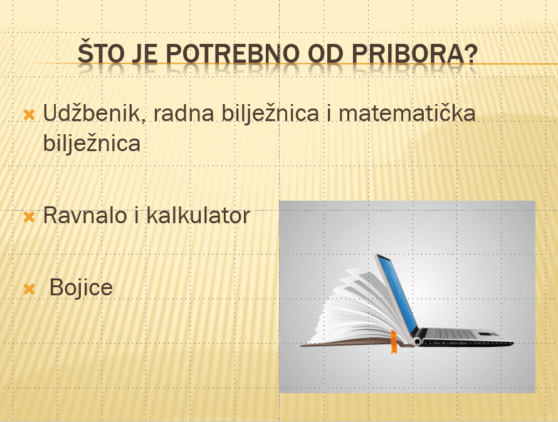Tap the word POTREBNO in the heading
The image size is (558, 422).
(x=233, y=53)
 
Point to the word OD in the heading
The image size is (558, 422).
(x=325, y=53)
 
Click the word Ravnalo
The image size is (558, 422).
(x=85, y=216)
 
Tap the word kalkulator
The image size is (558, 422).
(x=198, y=216)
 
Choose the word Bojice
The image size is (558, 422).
(x=81, y=288)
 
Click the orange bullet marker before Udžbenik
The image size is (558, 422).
(x=29, y=115)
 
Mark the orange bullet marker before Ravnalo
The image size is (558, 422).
(x=29, y=217)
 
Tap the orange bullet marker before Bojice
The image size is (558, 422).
(x=29, y=289)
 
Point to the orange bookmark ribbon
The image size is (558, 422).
(x=394, y=342)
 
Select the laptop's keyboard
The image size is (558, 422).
(x=454, y=334)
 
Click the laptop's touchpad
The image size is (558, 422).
(x=488, y=334)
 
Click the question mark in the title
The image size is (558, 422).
(x=471, y=53)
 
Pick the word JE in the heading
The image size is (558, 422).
(x=145, y=53)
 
